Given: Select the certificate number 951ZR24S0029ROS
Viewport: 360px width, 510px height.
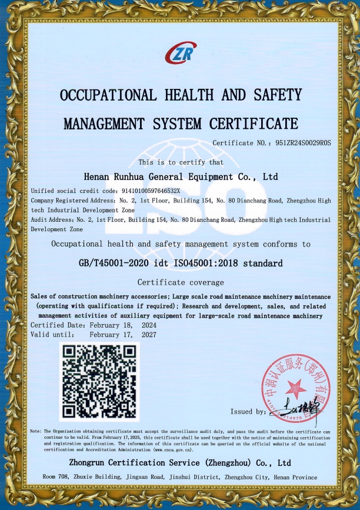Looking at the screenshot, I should pos(296,143).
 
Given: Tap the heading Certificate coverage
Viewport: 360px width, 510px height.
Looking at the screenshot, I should pos(180,282).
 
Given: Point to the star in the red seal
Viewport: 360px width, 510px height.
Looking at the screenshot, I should pos(296,389).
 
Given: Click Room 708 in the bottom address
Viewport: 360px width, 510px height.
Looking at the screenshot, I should pos(57,477).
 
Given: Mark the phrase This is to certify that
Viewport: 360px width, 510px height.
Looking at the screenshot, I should pos(180,162).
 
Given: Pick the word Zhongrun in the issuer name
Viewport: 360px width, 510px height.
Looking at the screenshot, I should pos(90,462).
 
